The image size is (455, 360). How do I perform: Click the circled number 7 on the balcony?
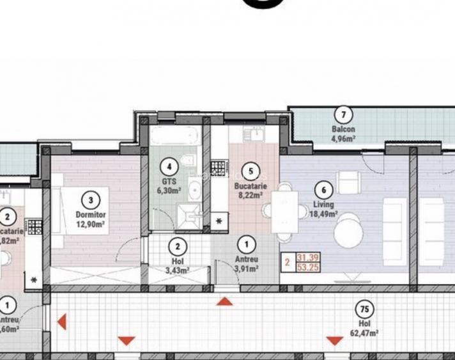(x=343, y=115)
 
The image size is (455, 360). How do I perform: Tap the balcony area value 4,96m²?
(x=343, y=136)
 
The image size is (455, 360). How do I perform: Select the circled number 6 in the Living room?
(x=324, y=190)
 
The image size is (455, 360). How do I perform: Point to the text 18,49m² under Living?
(x=324, y=214)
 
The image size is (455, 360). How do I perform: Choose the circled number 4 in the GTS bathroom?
(x=169, y=168)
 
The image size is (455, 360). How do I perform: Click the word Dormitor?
(x=91, y=215)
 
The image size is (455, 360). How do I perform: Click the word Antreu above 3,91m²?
(x=246, y=260)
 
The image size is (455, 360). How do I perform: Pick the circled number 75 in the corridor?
(x=364, y=310)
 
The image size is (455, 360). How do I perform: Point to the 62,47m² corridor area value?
(x=364, y=333)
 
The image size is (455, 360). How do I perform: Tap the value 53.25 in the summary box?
(x=307, y=267)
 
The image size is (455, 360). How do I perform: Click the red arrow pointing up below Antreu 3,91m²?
(x=224, y=301)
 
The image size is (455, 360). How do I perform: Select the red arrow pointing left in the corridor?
(x=62, y=321)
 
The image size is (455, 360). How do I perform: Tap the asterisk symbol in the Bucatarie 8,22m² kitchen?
(x=220, y=221)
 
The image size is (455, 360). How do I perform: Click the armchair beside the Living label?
(x=349, y=183)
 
